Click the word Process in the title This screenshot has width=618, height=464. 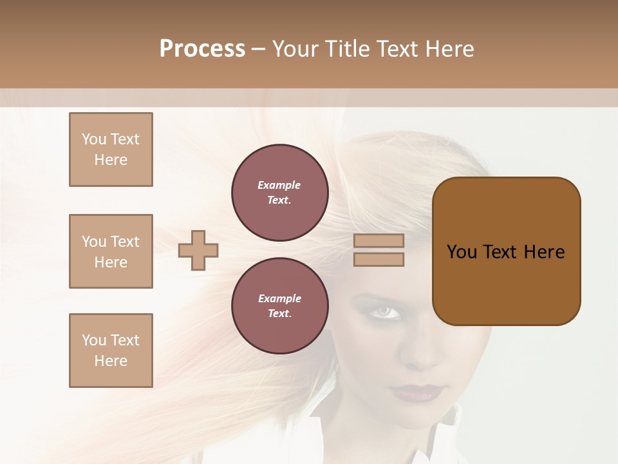[x=202, y=49]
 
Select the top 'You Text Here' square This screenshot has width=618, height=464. [x=111, y=150]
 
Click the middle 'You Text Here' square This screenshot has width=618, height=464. [x=111, y=251]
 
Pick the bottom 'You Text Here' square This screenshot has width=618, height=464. [x=111, y=351]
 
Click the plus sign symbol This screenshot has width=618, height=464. [x=198, y=250]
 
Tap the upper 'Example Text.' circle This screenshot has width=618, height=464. [x=280, y=193]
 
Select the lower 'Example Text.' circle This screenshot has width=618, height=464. [x=280, y=305]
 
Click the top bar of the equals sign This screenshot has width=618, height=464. [x=379, y=240]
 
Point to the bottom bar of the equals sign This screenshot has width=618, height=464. [x=379, y=259]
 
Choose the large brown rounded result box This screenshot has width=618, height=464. [x=506, y=251]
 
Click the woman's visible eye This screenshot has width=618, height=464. [x=385, y=313]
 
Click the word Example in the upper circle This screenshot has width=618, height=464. [x=279, y=185]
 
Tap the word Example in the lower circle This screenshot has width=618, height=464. [x=279, y=298]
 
